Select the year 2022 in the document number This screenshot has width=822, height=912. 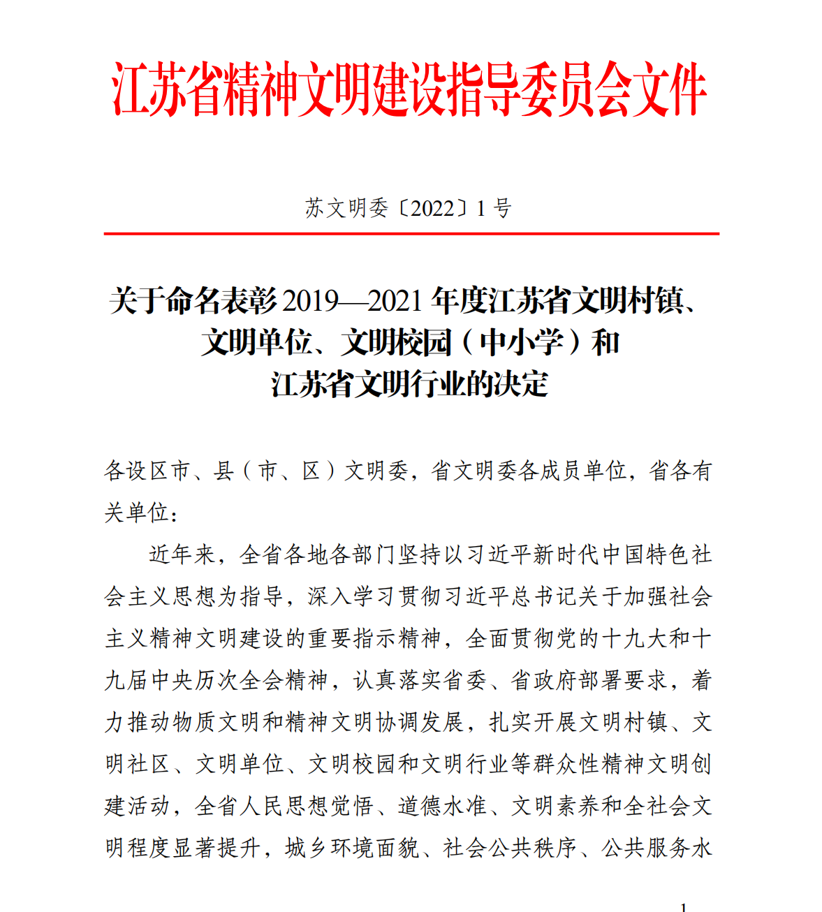tap(433, 208)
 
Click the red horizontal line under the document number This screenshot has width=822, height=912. tap(411, 234)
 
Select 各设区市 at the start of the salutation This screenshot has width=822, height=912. tap(147, 471)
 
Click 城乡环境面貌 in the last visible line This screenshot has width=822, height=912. tap(352, 848)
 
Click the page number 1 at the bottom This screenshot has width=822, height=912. tap(683, 906)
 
